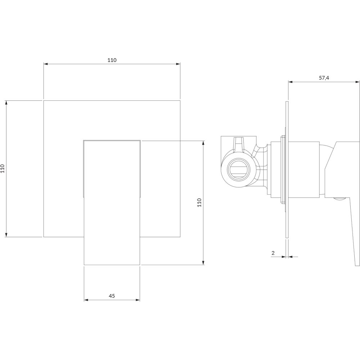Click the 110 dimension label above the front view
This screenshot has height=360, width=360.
(x=112, y=60)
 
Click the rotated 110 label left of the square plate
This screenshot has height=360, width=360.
(x=3, y=168)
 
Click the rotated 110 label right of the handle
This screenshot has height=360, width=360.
(x=199, y=202)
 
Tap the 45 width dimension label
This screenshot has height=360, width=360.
(x=112, y=296)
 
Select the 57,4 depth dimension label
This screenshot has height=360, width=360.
(x=324, y=78)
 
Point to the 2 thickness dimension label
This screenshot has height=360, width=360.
(x=273, y=253)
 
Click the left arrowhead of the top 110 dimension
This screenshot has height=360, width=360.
(x=46, y=64)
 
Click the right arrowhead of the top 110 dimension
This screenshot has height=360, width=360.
(x=178, y=64)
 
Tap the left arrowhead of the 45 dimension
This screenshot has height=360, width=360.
(x=86, y=300)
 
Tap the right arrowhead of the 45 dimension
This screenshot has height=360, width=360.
(x=138, y=300)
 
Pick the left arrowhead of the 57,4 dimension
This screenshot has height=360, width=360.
(x=291, y=82)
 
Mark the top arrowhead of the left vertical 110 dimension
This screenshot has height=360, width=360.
(x=6, y=103)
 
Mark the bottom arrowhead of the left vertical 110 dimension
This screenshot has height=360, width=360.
(x=6, y=234)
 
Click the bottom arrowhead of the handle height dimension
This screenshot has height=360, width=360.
(x=203, y=263)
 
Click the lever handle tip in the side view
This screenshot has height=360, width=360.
(x=357, y=264)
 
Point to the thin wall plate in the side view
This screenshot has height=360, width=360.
(x=287, y=170)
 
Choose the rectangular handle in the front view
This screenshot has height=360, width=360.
(x=112, y=202)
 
